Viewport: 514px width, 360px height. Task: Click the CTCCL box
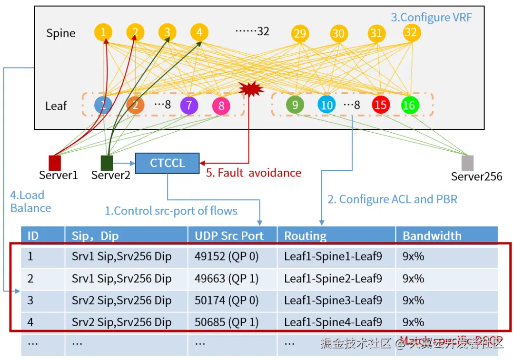(x=167, y=163)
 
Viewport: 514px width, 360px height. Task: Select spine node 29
(x=300, y=34)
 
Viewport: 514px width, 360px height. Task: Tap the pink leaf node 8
(x=221, y=105)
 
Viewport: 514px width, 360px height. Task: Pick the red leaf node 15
(x=380, y=105)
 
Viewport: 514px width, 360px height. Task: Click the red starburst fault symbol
(x=251, y=89)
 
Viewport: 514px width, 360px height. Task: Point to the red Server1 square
(x=55, y=163)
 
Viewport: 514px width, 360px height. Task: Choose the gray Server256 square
(x=467, y=163)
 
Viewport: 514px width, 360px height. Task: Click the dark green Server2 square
(x=107, y=163)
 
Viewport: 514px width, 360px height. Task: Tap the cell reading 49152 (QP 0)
(x=227, y=257)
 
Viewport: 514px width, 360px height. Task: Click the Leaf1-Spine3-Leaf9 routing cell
(x=333, y=301)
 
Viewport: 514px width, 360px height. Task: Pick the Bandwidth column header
(x=432, y=235)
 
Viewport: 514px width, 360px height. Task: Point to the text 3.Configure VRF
(x=431, y=18)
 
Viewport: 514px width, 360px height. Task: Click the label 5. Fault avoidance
(x=253, y=173)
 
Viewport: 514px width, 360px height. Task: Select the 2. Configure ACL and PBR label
(x=392, y=199)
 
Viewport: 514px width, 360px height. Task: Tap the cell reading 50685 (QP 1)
(x=227, y=322)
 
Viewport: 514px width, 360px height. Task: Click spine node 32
(x=410, y=32)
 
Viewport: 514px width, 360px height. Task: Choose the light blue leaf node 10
(x=326, y=105)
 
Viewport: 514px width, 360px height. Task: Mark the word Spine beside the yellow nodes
(x=60, y=33)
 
